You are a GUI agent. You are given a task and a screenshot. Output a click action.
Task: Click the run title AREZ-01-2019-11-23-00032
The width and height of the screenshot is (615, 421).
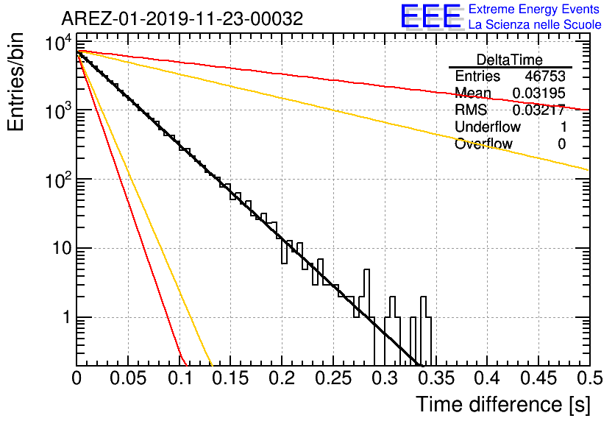pyautogui.click(x=182, y=18)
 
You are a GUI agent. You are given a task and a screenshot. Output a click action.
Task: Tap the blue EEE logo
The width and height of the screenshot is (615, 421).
pyautogui.click(x=431, y=16)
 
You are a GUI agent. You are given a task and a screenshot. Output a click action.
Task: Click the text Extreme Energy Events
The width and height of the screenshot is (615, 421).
pyautogui.click(x=534, y=9)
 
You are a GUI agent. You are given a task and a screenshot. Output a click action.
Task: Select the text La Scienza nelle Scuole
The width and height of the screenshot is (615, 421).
pyautogui.click(x=535, y=24)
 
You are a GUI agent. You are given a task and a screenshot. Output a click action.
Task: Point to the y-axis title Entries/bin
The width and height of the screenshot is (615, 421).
pyautogui.click(x=15, y=82)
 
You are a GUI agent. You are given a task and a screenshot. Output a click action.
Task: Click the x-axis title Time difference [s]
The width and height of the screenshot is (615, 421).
pyautogui.click(x=503, y=404)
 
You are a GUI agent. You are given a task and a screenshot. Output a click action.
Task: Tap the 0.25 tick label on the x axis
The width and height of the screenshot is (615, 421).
pyautogui.click(x=333, y=378)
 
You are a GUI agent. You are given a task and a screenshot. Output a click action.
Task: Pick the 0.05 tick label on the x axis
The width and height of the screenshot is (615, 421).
pyautogui.click(x=128, y=378)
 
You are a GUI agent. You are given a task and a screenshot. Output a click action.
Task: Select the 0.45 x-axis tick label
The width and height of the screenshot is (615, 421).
pyautogui.click(x=538, y=378)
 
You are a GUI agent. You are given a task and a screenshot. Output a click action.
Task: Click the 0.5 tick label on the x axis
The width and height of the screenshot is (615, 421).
pyautogui.click(x=589, y=378)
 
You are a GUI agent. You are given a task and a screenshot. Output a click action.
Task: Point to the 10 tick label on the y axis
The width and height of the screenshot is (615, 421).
pyautogui.click(x=62, y=248)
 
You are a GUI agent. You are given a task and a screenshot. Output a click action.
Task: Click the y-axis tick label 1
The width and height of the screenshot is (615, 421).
pyautogui.click(x=67, y=317)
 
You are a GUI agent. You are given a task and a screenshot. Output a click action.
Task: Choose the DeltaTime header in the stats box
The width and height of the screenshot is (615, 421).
pyautogui.click(x=510, y=60)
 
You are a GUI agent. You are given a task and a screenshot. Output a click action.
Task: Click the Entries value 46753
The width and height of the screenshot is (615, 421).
pyautogui.click(x=545, y=76)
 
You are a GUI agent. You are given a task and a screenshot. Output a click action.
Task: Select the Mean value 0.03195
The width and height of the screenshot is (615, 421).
pyautogui.click(x=538, y=93)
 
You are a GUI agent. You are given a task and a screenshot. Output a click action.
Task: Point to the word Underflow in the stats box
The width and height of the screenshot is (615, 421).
pyautogui.click(x=488, y=127)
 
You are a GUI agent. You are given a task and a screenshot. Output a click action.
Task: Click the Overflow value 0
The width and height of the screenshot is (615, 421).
pyautogui.click(x=561, y=144)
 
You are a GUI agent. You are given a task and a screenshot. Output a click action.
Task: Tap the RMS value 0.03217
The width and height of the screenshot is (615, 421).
pyautogui.click(x=538, y=110)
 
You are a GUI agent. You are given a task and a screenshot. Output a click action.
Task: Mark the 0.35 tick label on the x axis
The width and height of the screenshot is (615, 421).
pyautogui.click(x=436, y=378)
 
